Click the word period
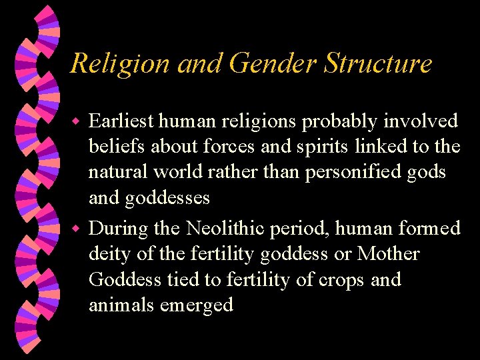click(x=299, y=229)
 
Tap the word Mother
click(x=388, y=254)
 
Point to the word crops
click(x=339, y=281)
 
